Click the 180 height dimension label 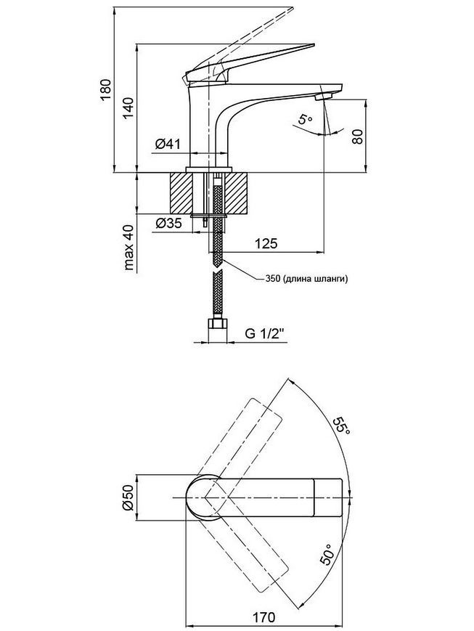[105, 90]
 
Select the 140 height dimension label [128, 107]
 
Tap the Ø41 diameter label [168, 144]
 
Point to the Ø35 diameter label [168, 222]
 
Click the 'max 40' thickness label [128, 246]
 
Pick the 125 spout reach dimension [266, 243]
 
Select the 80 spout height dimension [357, 136]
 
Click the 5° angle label [305, 120]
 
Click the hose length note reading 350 [306, 279]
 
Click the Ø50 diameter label [127, 498]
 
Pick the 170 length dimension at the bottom [264, 616]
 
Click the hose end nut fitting [218, 325]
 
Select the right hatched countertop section [236, 193]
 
